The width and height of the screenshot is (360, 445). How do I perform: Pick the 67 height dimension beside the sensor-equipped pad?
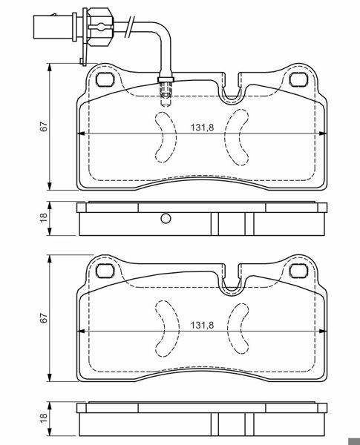point(45,127)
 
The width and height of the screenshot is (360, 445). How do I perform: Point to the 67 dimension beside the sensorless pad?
point(45,317)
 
